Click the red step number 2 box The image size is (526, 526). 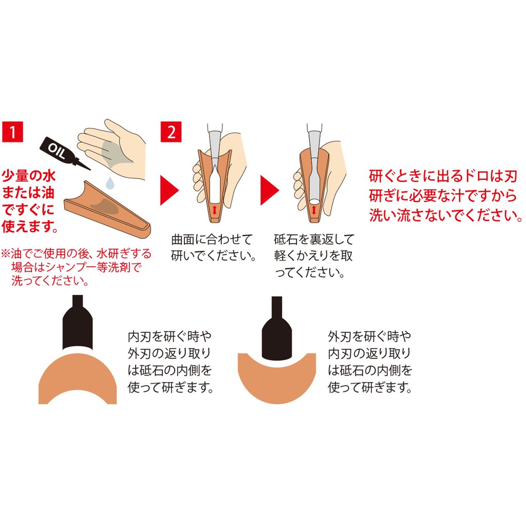pyautogui.click(x=171, y=132)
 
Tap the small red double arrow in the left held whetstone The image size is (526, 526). pyautogui.click(x=215, y=209)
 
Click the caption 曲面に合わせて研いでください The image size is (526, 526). pyautogui.click(x=214, y=247)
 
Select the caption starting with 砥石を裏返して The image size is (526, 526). pyautogui.click(x=313, y=255)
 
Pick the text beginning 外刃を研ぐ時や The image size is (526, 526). pyautogui.click(x=370, y=362)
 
